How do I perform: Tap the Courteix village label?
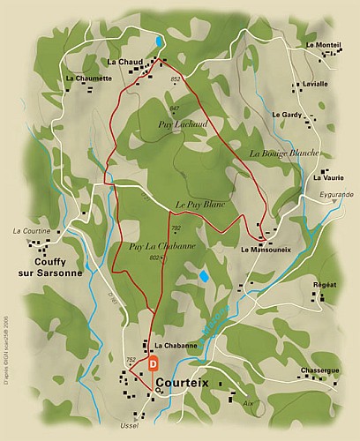click(190, 383)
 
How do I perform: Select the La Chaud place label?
click(124, 62)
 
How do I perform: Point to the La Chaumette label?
click(89, 78)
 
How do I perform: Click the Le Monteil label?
click(323, 45)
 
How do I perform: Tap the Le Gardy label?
click(287, 116)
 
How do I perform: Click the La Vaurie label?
click(328, 177)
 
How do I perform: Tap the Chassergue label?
click(319, 370)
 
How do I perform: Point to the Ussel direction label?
click(135, 427)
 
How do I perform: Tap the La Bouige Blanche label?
click(283, 153)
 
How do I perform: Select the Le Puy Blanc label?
click(197, 204)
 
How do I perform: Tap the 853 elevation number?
click(176, 79)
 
